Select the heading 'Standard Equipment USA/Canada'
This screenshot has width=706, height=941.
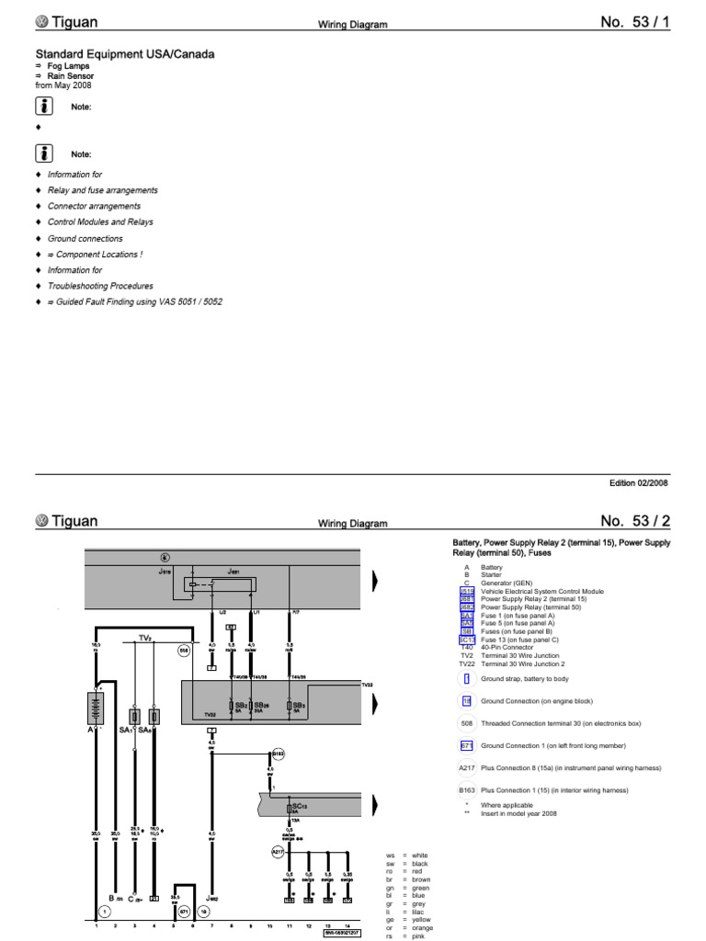click(125, 54)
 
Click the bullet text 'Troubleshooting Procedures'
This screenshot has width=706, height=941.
click(100, 286)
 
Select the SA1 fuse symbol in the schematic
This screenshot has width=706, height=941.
click(135, 716)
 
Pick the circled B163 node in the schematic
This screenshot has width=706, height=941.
click(278, 754)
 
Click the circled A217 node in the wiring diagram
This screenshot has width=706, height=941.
click(277, 852)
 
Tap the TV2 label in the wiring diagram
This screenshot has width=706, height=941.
click(144, 636)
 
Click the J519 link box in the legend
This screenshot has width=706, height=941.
click(466, 592)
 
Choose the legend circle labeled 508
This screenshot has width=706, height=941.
click(466, 722)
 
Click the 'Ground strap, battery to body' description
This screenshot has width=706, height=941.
click(525, 678)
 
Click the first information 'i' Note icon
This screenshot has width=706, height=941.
click(43, 107)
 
